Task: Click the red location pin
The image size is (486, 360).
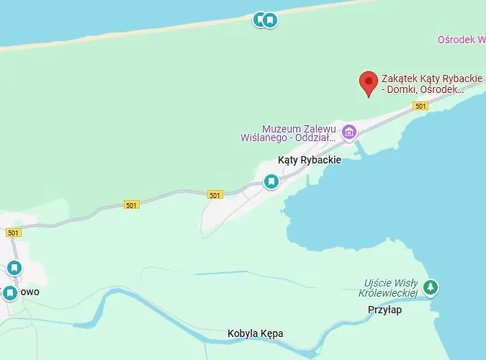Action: (x=369, y=82)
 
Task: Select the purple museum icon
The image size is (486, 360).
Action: (x=349, y=132)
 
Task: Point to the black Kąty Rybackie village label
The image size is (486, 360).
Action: (x=309, y=160)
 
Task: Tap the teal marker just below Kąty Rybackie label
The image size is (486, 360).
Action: (x=271, y=181)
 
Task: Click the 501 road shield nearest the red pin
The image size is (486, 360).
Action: (x=420, y=107)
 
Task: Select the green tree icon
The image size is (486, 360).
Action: (x=431, y=287)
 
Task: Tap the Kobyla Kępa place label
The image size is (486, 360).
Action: (x=255, y=333)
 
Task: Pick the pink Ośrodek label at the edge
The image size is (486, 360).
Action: (x=461, y=40)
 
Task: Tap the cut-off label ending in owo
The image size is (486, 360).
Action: (x=30, y=292)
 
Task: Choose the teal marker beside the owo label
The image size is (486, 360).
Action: (x=9, y=293)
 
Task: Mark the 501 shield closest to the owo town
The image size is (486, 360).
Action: (x=14, y=233)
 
